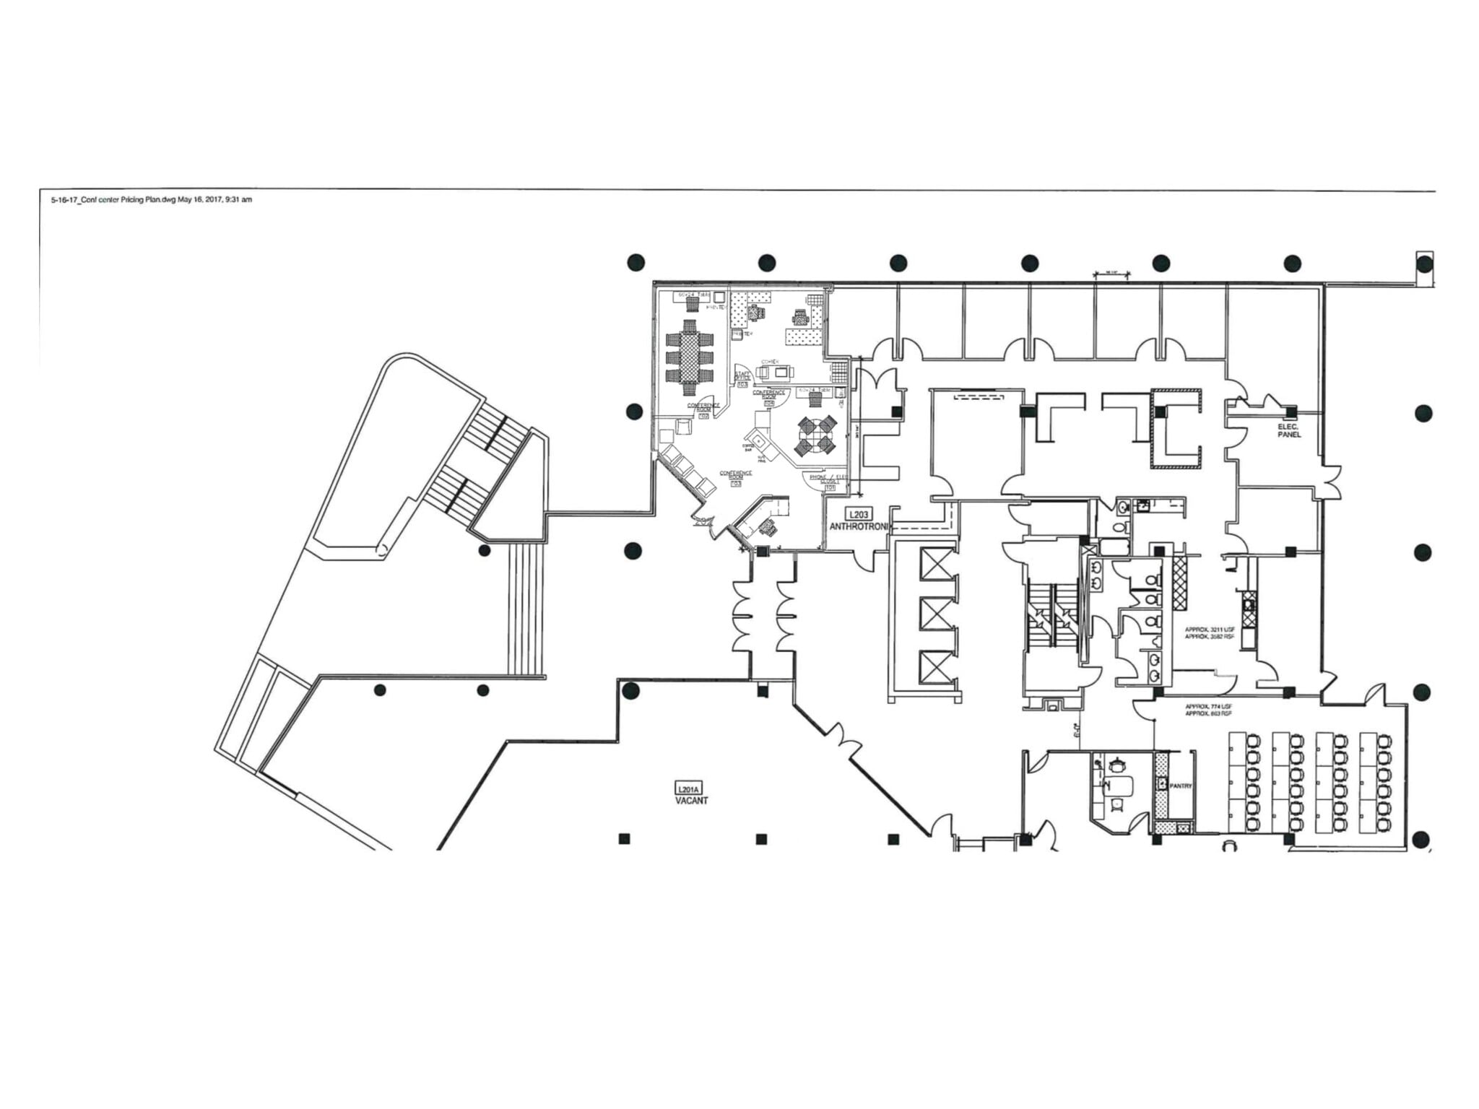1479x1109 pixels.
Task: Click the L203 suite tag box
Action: [859, 514]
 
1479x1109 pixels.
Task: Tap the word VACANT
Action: [691, 800]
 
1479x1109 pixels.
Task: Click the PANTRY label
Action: [1180, 786]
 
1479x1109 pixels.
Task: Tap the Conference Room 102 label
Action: [703, 410]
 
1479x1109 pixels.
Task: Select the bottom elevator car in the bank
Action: [937, 666]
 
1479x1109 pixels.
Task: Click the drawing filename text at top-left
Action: [151, 200]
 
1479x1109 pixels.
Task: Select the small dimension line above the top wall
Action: [1112, 274]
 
